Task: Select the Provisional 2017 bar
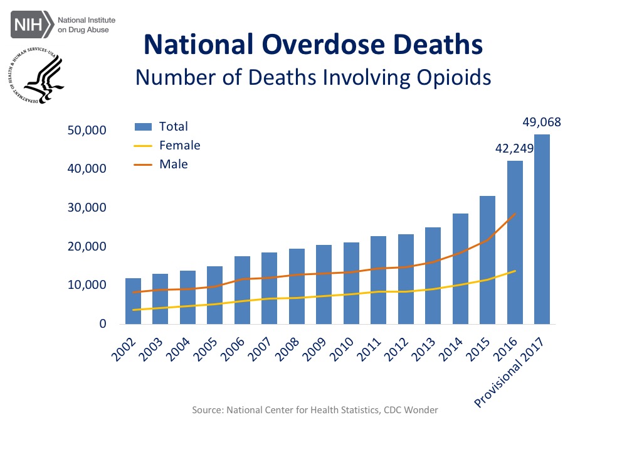pyautogui.click(x=542, y=229)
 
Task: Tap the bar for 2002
pyautogui.click(x=133, y=301)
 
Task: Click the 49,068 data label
pyautogui.click(x=542, y=122)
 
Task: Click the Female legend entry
pyautogui.click(x=179, y=145)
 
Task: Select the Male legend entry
pyautogui.click(x=173, y=164)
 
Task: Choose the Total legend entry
pyautogui.click(x=173, y=126)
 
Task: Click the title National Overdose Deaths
pyautogui.click(x=313, y=44)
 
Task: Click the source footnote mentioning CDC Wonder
pyautogui.click(x=315, y=410)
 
